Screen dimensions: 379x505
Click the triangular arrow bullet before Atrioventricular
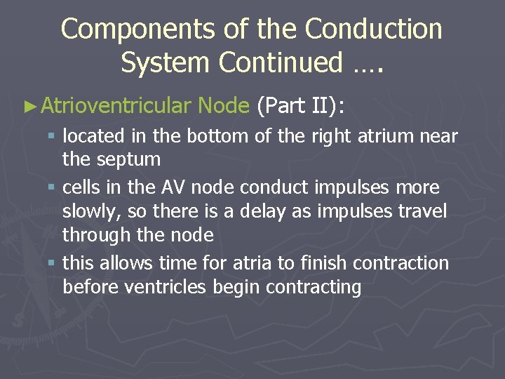click(x=29, y=106)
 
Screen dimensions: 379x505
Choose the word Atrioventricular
click(x=116, y=106)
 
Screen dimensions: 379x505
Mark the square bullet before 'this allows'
click(x=53, y=264)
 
